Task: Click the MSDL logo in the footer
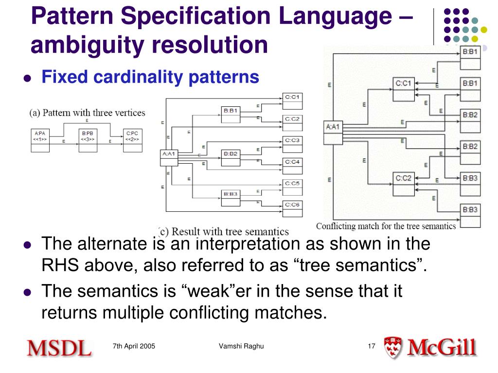pos(59,347)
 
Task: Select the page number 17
pos(372,346)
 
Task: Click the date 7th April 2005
pos(134,346)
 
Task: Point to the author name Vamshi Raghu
pos(241,346)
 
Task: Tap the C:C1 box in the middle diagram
pos(292,100)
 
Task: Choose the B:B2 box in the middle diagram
pos(231,157)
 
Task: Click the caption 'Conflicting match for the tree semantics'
pos(386,226)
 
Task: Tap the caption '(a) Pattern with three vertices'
pos(88,113)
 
